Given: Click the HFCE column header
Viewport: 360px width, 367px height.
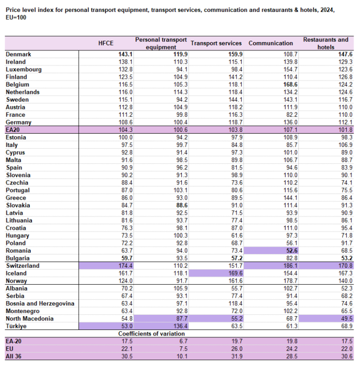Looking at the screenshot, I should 106,43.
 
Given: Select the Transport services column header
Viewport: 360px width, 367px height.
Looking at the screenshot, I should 216,43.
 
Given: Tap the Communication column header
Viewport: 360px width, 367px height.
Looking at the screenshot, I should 271,43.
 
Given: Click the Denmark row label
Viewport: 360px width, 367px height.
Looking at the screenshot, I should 18,54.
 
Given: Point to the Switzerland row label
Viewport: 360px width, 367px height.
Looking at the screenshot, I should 23,266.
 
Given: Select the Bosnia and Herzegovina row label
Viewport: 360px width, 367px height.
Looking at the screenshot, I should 40,304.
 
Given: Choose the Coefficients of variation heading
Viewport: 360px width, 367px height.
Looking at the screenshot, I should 152,334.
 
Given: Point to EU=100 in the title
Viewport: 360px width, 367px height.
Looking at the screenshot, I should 16,18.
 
